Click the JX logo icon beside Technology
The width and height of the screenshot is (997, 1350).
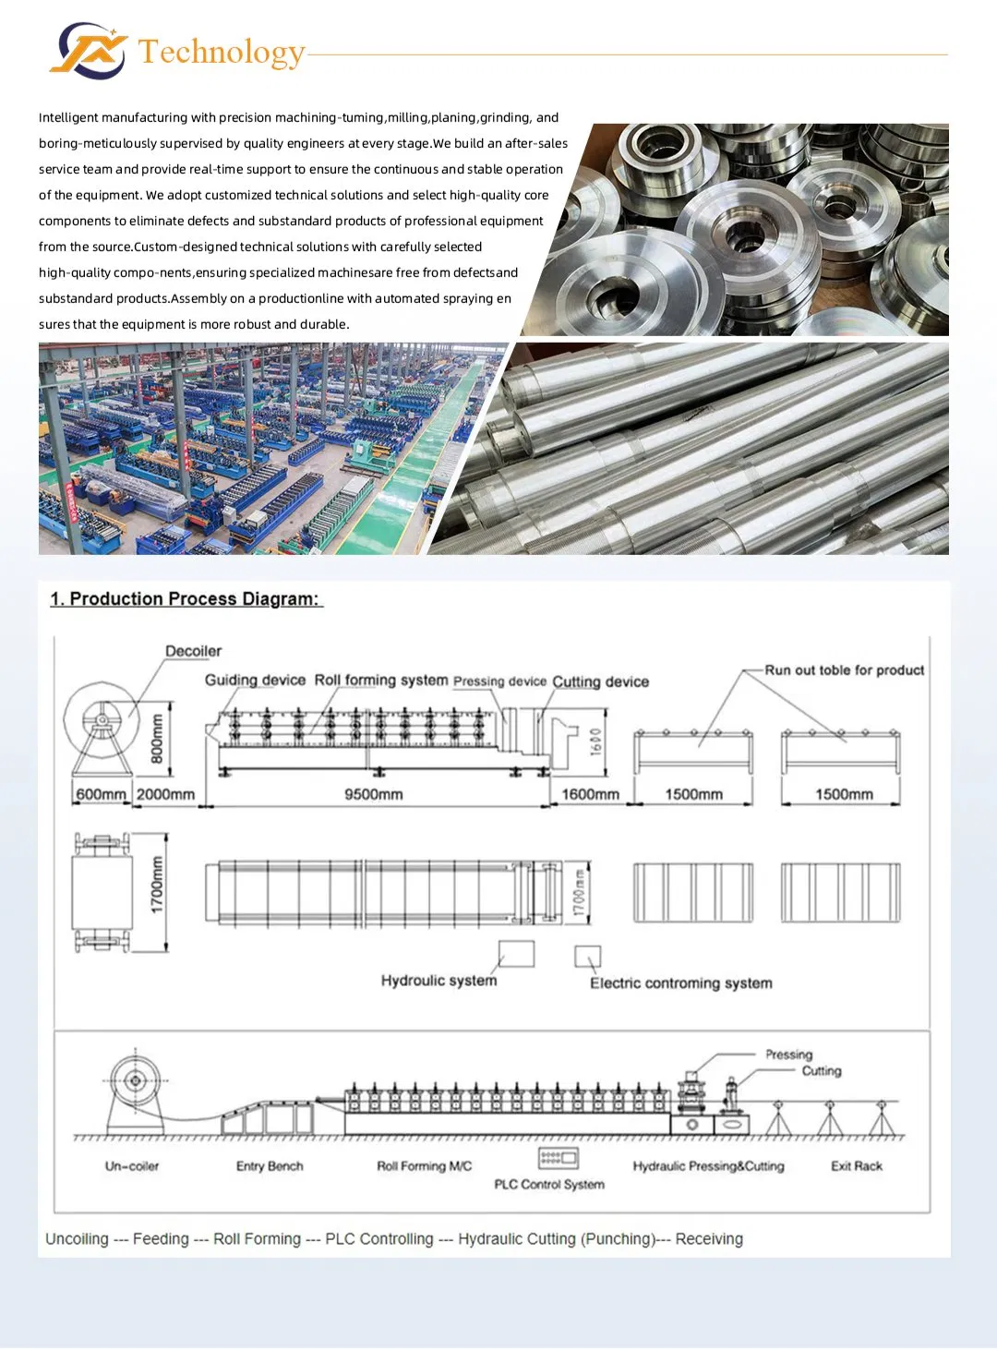[89, 51]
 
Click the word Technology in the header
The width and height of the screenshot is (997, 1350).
[221, 53]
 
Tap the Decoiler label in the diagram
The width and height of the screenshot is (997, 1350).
[193, 651]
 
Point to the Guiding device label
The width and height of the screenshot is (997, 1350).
[255, 681]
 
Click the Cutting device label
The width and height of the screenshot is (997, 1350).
[600, 681]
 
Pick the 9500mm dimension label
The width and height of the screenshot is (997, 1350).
[374, 794]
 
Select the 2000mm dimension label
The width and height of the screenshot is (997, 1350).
[165, 794]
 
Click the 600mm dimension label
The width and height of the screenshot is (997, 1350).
[101, 794]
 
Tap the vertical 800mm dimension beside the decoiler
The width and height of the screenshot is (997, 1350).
[157, 739]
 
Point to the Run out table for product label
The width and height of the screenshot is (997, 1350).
[845, 670]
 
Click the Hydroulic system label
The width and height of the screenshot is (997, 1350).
[438, 981]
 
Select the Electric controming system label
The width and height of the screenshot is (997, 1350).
[681, 983]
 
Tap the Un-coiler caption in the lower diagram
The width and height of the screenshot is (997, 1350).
[131, 1166]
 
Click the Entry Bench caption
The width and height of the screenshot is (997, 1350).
[270, 1166]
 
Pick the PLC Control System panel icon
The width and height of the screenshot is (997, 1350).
[559, 1158]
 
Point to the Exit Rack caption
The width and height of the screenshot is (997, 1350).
[857, 1166]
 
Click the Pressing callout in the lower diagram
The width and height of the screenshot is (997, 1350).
[789, 1055]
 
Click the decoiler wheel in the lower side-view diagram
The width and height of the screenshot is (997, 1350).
[135, 1081]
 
